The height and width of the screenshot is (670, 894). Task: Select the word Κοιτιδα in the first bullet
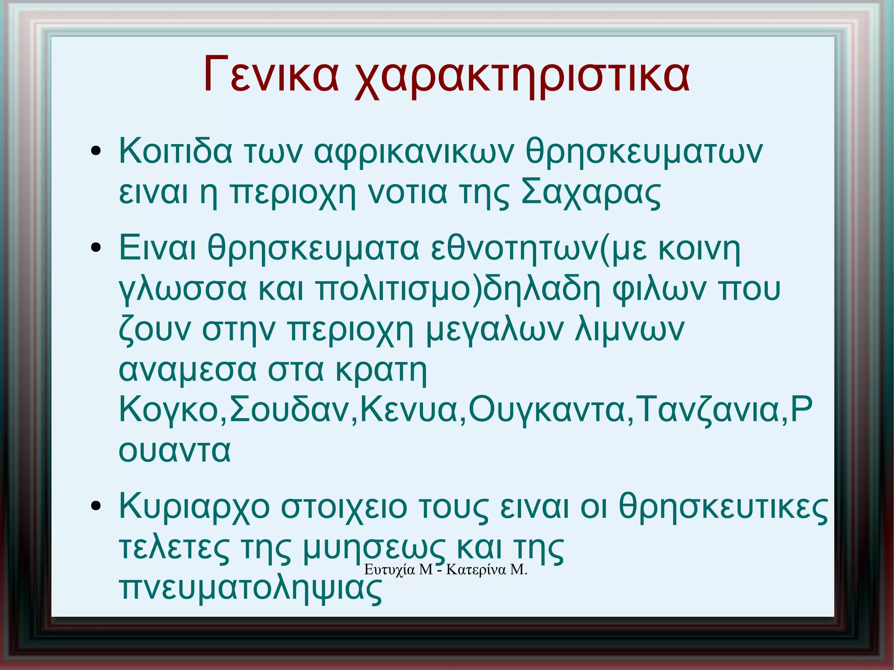(x=175, y=151)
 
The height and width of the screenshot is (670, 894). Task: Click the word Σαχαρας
(x=591, y=192)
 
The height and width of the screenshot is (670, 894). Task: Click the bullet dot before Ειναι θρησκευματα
(x=96, y=248)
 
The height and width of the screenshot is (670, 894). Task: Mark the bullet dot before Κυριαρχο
(x=96, y=506)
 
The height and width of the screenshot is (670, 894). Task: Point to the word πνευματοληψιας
(x=251, y=589)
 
